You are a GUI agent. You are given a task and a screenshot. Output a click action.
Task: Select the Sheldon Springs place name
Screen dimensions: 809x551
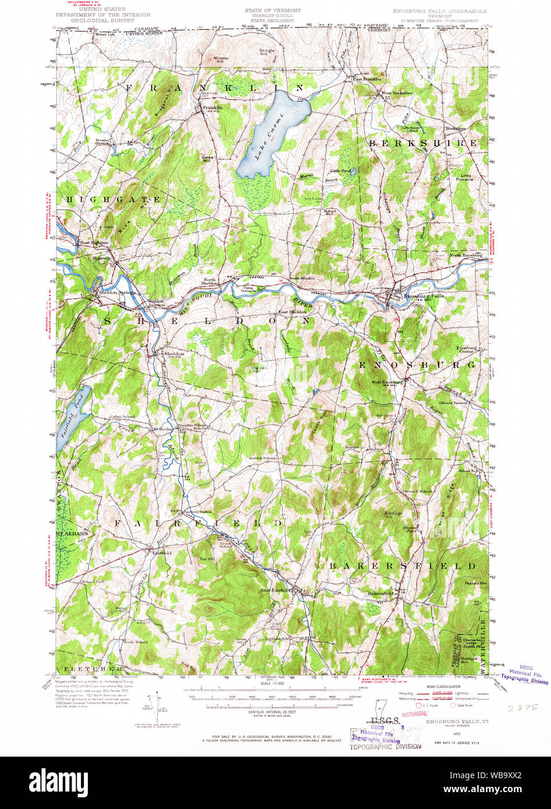coord(117,292)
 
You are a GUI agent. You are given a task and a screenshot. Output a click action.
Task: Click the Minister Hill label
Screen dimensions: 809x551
coord(221,59)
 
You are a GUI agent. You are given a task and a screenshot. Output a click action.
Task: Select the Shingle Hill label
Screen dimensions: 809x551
coord(266,52)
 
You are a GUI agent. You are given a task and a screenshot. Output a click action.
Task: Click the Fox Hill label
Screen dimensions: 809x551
coord(207,559)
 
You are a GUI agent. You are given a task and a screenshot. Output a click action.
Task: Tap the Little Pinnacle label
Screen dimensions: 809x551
coord(468,178)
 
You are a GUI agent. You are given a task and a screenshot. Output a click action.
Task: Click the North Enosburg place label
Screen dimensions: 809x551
coord(465,256)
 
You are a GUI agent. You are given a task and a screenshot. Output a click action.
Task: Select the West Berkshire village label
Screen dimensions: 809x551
coord(397,93)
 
